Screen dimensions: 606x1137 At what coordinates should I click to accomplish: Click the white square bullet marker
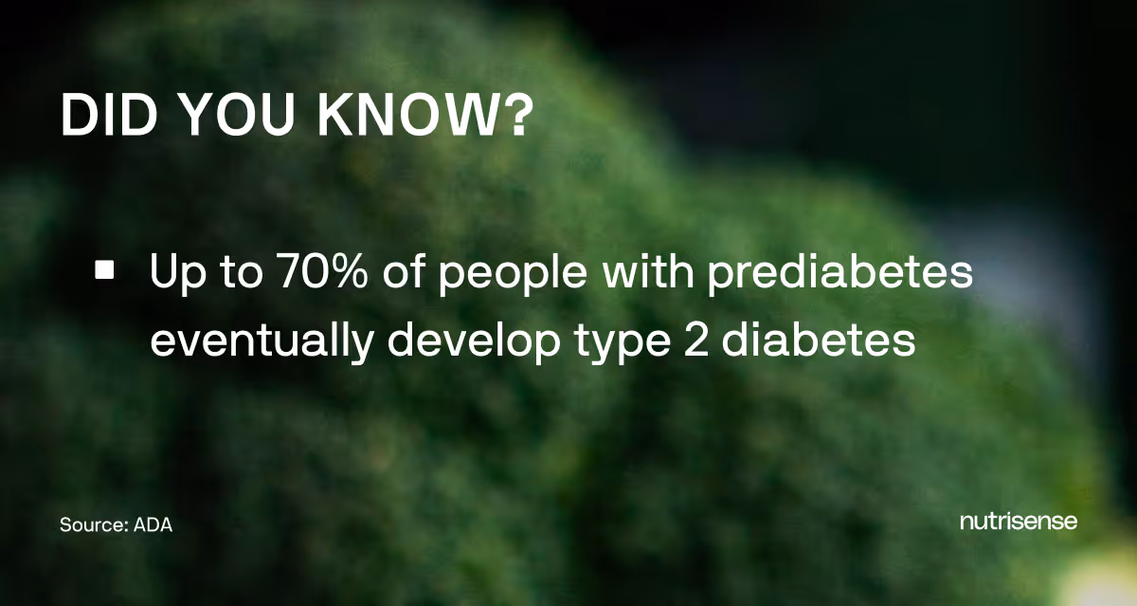104,271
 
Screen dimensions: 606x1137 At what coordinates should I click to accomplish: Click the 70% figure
309,273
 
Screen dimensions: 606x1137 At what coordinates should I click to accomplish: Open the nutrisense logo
1019,522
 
